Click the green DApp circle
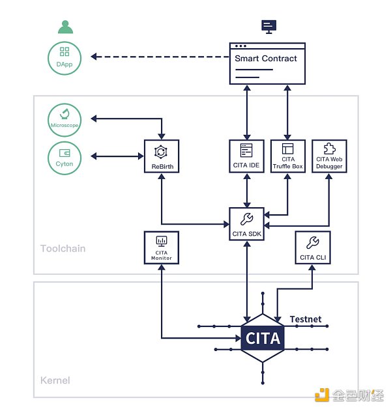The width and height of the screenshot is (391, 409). (65, 57)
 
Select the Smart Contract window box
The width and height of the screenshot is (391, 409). (268, 63)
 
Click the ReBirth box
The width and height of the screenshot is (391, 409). (160, 156)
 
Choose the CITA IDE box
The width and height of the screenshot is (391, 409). (246, 156)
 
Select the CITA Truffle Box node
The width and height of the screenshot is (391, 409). (288, 156)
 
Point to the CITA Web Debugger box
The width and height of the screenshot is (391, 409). (329, 156)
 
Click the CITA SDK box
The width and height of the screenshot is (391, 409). (246, 223)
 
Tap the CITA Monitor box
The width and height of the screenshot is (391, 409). (162, 247)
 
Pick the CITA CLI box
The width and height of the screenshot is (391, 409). (313, 247)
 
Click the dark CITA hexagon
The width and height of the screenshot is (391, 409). (263, 337)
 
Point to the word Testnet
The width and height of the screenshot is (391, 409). (306, 319)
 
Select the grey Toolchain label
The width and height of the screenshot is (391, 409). (63, 248)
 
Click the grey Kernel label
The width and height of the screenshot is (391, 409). (55, 380)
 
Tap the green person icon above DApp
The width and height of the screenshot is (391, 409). (65, 27)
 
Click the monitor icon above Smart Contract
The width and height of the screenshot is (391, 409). (268, 25)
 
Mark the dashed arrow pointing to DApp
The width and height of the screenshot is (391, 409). (160, 57)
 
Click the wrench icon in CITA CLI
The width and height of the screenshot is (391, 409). (313, 242)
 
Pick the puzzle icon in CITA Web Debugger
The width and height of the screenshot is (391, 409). (329, 148)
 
